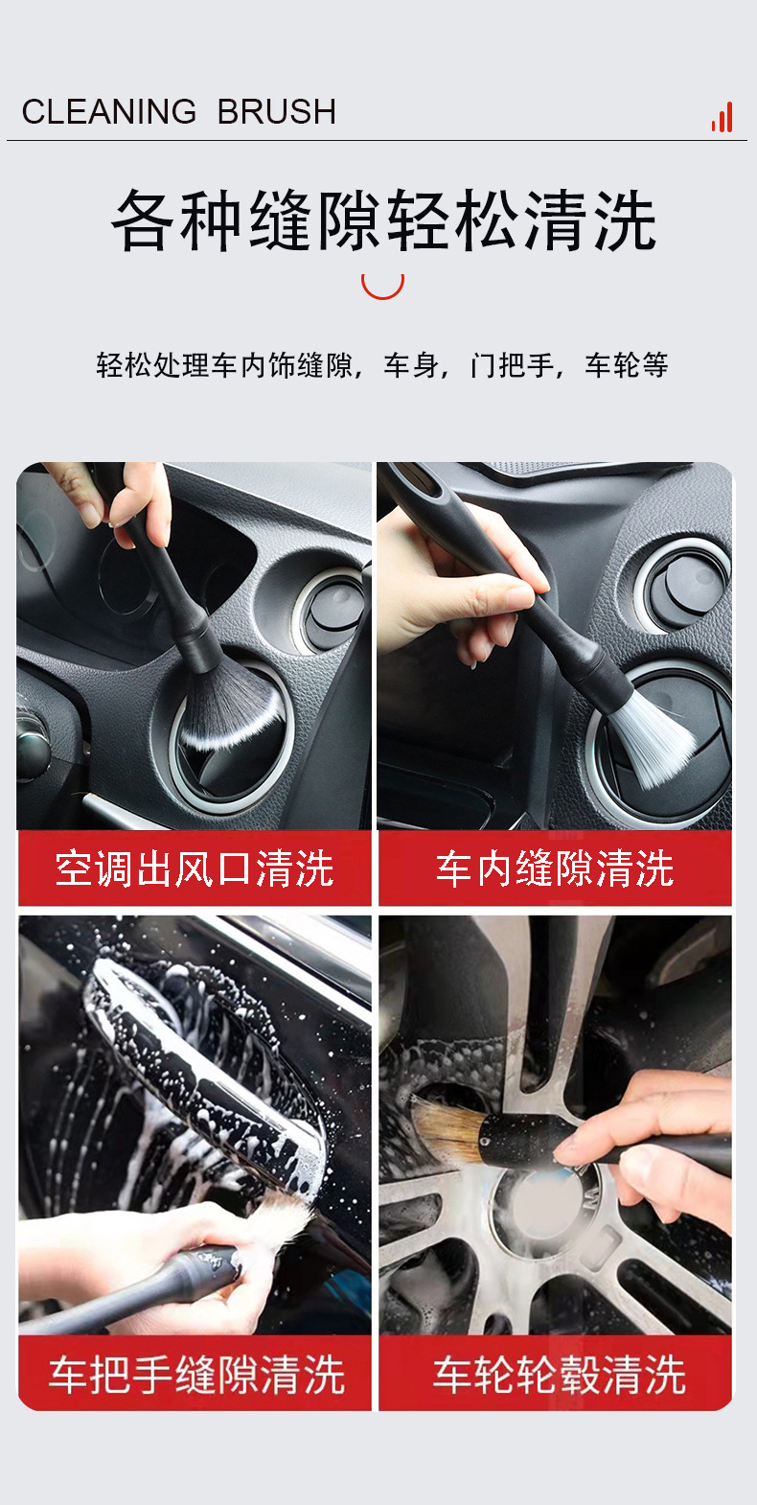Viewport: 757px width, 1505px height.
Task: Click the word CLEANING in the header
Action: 109,111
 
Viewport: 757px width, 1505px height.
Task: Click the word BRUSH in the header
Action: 277,111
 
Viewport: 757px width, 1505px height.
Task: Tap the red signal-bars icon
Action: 723,118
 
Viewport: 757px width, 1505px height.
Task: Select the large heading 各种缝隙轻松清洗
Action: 383,220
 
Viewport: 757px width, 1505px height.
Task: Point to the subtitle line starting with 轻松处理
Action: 381,365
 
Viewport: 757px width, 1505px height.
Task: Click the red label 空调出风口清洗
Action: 195,868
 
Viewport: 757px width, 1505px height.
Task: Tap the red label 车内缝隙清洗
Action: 555,868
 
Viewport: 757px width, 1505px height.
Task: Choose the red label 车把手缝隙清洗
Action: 196,1375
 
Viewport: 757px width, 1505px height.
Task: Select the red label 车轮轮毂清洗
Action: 559,1375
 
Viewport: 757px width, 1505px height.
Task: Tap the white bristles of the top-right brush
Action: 652,738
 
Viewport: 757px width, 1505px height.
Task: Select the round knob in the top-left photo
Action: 333,614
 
